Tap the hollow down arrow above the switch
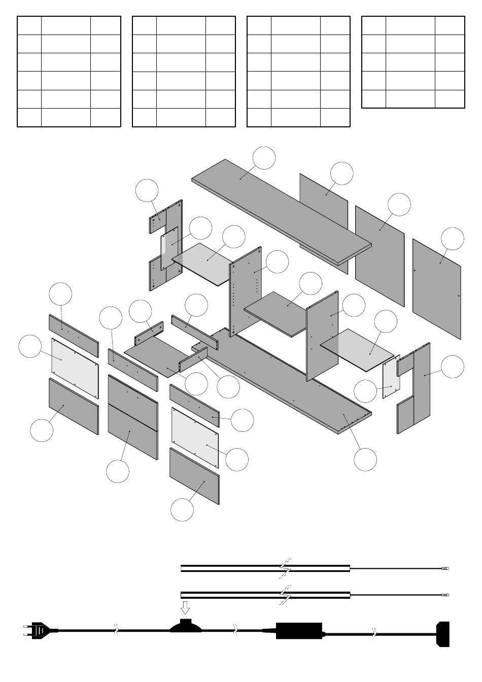[x=186, y=607]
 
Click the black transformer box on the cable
[x=299, y=631]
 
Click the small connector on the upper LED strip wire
[x=445, y=569]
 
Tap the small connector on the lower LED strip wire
[x=445, y=594]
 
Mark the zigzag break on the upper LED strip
[x=285, y=568]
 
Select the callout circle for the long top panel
[x=264, y=158]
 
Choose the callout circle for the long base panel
[x=365, y=459]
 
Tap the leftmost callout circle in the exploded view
[x=30, y=346]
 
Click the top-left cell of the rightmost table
[x=373, y=25]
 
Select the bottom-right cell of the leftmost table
[x=106, y=118]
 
